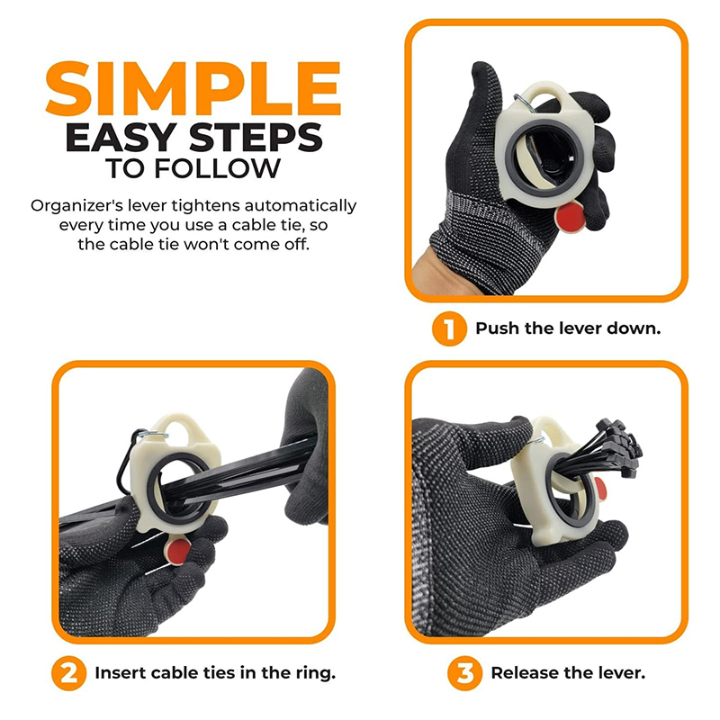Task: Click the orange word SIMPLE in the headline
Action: [x=193, y=88]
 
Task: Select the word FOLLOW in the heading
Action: [x=217, y=168]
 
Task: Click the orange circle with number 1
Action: [x=449, y=328]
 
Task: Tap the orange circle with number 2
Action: [x=69, y=673]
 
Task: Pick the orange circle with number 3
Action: [x=464, y=673]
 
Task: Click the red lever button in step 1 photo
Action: [x=571, y=217]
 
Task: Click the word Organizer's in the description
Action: [x=76, y=206]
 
